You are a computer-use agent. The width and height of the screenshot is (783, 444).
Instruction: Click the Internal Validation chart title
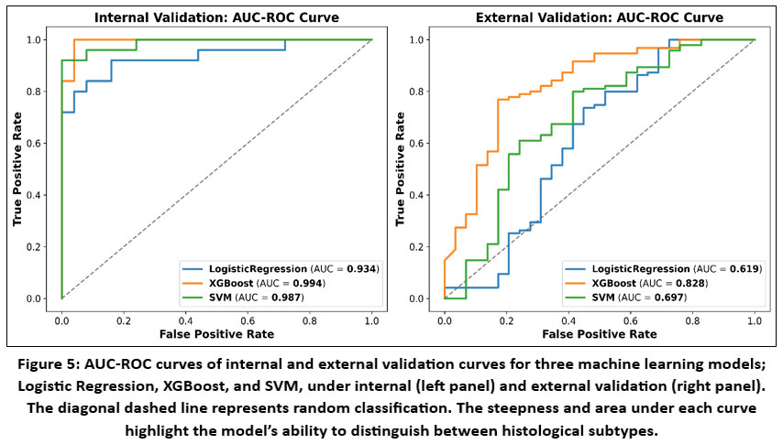[215, 17]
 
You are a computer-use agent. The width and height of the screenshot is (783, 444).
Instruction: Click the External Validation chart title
[599, 17]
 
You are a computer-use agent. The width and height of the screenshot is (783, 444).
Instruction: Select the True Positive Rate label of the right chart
[401, 170]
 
